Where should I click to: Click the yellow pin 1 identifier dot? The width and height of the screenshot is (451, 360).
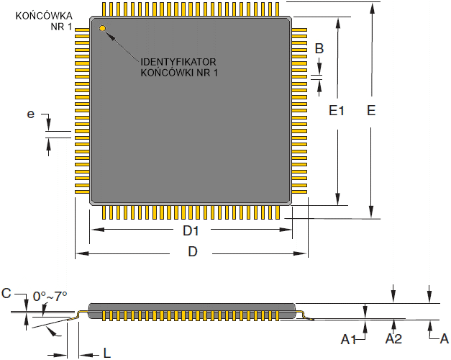point(103,29)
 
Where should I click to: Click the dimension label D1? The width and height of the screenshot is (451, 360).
point(190,231)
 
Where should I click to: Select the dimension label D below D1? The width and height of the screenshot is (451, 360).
point(193,251)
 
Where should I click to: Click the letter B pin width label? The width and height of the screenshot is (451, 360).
point(319,49)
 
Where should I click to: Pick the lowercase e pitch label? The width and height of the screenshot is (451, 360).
point(31,114)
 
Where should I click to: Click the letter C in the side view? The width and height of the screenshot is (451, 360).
point(6,293)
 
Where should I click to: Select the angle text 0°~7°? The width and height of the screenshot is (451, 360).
point(50,296)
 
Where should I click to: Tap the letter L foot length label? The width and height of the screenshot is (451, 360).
point(106,353)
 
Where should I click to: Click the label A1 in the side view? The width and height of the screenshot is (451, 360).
point(349,338)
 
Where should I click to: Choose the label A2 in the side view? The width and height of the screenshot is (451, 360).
point(393,338)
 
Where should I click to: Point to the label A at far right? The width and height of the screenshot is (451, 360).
point(444,338)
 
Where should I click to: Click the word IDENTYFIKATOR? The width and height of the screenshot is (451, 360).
point(178,62)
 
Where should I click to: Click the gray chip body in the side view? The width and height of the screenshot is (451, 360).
point(191,307)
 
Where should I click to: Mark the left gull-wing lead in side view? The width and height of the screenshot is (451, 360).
point(81,313)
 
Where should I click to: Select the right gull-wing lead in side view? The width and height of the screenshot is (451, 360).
point(304,314)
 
